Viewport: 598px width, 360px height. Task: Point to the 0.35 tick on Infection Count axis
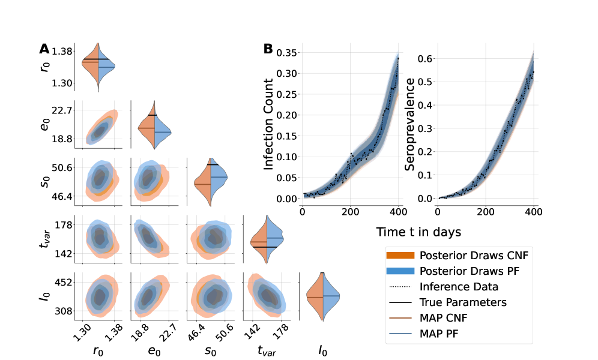coord(287,53)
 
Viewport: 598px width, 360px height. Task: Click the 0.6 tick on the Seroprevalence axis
coord(425,58)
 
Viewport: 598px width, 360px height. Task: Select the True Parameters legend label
coord(464,302)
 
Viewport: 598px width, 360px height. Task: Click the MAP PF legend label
coord(447,333)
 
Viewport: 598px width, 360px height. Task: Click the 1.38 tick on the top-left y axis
coord(63,51)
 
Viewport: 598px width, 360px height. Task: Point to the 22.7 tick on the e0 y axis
coord(63,110)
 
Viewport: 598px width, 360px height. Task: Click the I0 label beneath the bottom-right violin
coord(323,349)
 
